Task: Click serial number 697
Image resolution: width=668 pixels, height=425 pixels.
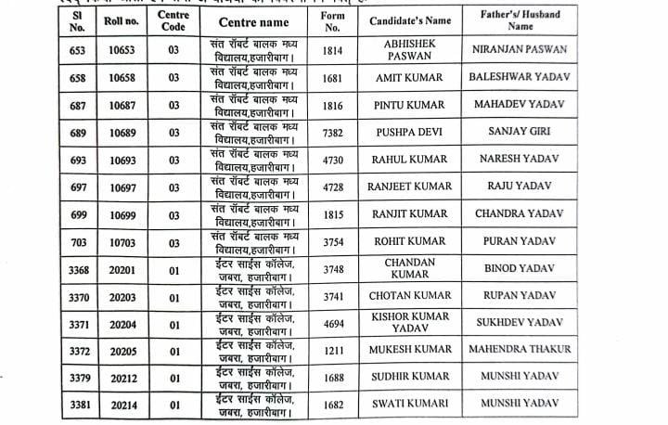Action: (x=78, y=187)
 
